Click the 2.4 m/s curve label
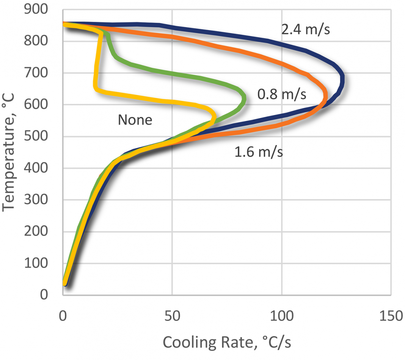(305, 30)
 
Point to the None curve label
(135, 120)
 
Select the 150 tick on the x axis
(391, 316)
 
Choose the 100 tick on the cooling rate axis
(282, 316)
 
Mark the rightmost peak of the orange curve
(325, 95)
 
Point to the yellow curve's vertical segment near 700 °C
(96, 72)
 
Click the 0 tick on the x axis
(63, 316)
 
